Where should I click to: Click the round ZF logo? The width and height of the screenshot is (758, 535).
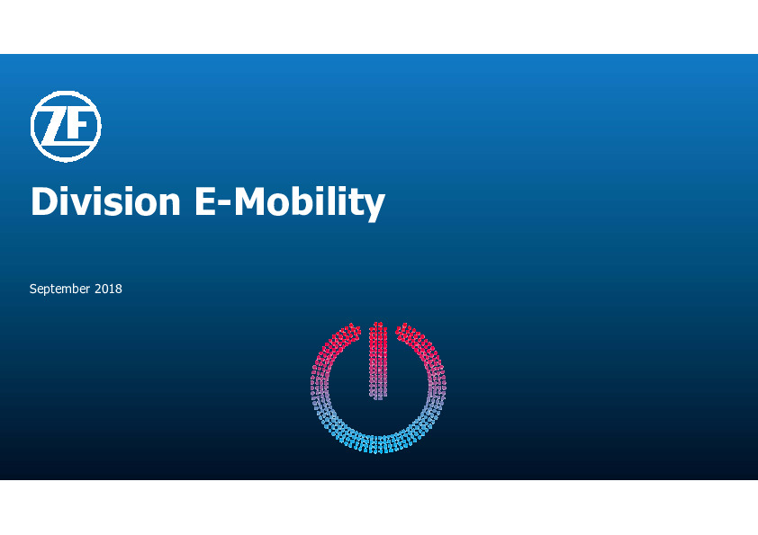(66, 127)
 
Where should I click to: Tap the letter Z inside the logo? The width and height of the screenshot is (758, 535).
(54, 127)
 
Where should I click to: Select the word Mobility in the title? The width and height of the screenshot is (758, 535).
(310, 203)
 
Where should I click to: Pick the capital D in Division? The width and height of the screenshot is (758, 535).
(44, 201)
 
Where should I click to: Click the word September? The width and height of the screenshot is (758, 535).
(60, 290)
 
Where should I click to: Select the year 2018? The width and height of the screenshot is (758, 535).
(108, 289)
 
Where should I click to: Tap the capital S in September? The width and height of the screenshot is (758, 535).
(33, 289)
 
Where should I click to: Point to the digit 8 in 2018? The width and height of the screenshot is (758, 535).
(119, 289)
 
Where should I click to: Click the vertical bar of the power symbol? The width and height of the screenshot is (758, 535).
(378, 361)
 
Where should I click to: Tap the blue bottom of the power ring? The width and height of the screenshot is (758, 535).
(378, 444)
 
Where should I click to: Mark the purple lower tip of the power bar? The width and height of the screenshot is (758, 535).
(378, 395)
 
